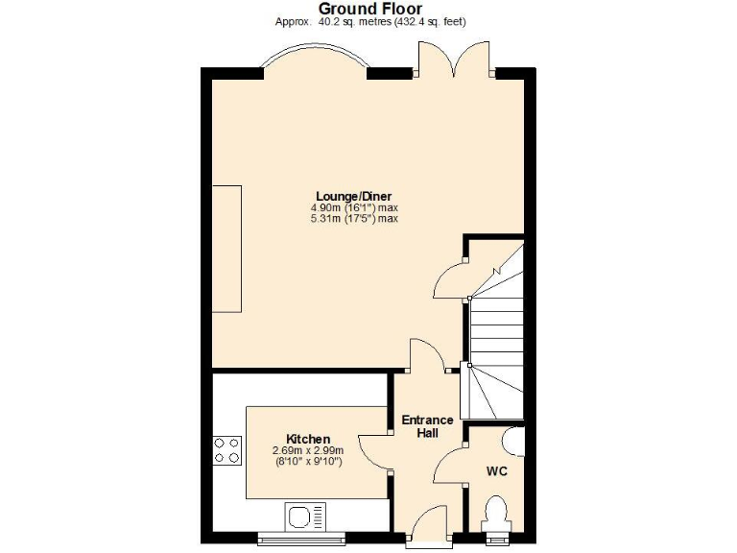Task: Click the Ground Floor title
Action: [369, 9]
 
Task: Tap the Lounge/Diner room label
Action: [354, 196]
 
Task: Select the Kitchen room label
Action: [308, 439]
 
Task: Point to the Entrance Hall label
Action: [427, 427]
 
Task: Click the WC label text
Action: [496, 472]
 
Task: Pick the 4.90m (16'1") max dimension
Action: [354, 207]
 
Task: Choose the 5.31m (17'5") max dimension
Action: [354, 219]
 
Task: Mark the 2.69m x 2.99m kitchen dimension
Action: [307, 450]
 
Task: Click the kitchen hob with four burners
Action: [227, 449]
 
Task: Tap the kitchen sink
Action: [307, 517]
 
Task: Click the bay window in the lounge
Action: [316, 60]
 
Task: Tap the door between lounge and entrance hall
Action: [427, 355]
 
